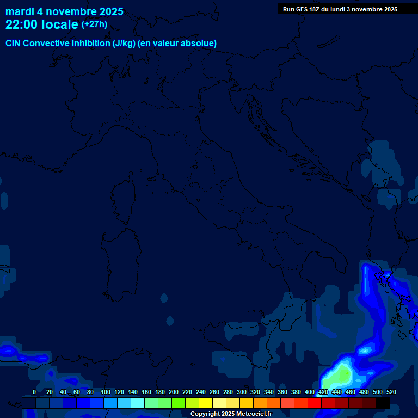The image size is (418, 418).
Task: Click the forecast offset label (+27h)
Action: (94, 24)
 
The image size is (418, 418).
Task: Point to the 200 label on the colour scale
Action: (174, 392)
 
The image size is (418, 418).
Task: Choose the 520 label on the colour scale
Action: (391, 392)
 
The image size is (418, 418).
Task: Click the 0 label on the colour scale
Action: (34, 392)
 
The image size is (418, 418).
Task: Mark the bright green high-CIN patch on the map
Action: (341, 376)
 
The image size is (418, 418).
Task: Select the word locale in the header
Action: (60, 24)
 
